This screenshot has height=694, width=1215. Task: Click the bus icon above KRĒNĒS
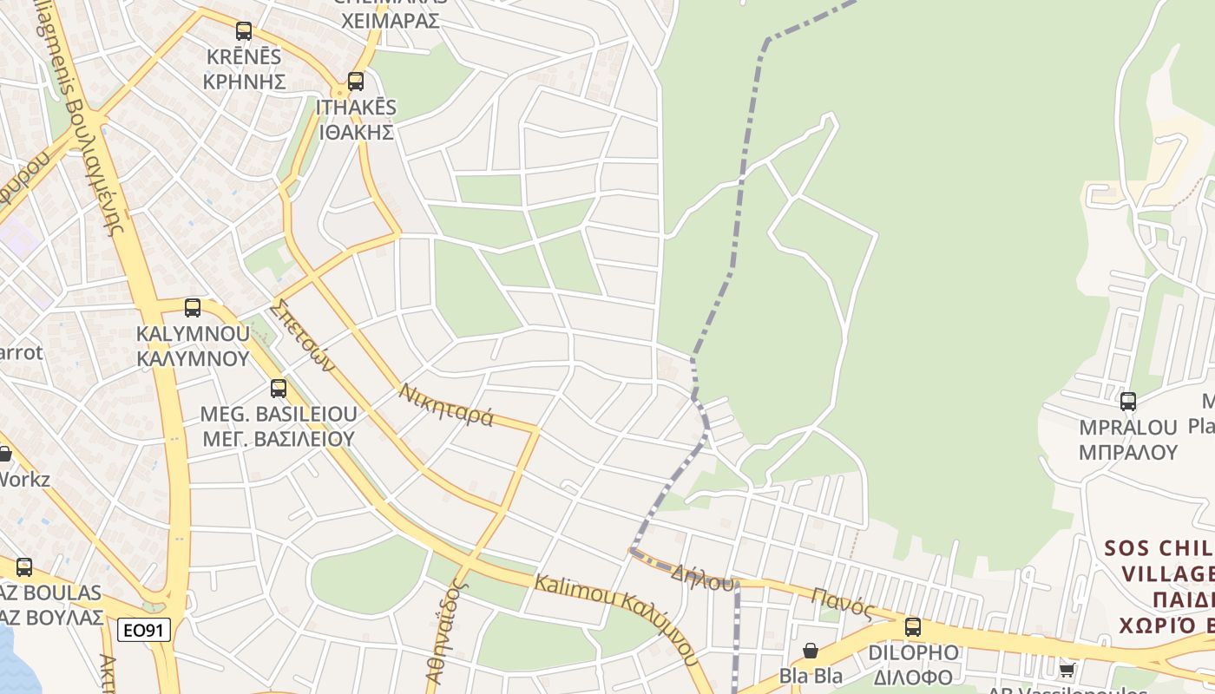[x=244, y=31]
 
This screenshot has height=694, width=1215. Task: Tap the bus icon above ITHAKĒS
[x=355, y=82]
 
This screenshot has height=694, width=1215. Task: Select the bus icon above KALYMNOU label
[x=193, y=307]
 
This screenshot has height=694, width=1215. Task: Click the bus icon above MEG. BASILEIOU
[x=278, y=388]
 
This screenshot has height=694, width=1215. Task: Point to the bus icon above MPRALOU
[x=1127, y=401]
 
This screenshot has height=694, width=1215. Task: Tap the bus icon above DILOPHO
[x=912, y=626]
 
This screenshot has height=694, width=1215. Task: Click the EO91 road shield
[x=144, y=630]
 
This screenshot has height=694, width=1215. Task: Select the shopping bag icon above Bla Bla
[x=810, y=650]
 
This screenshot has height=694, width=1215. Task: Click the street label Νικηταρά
[x=446, y=405]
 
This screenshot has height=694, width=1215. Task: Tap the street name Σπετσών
[x=301, y=335]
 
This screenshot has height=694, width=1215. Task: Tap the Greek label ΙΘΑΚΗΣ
[x=357, y=133]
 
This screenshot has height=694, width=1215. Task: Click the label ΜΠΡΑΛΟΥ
[x=1127, y=452]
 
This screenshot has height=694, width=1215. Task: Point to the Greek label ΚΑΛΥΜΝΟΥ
[x=192, y=358]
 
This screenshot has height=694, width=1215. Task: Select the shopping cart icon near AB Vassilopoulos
[x=1067, y=669]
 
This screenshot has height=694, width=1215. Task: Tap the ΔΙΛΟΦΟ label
[x=913, y=677]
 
